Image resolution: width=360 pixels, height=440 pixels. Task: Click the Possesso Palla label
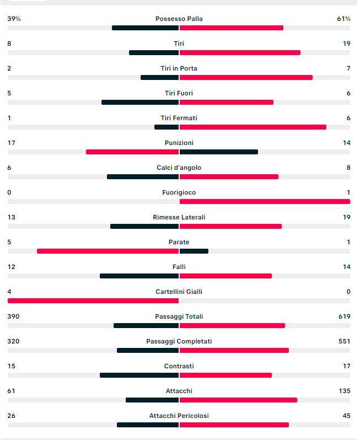179,19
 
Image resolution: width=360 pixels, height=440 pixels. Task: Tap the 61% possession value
343,19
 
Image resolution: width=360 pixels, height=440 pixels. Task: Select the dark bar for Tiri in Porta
159,77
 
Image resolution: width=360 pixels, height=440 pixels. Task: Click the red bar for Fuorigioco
265,201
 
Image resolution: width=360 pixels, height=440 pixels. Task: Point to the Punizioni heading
179,143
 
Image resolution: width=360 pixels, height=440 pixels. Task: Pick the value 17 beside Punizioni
11,143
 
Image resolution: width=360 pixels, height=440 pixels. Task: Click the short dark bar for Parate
194,251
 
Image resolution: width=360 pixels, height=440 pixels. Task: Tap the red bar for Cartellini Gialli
93,301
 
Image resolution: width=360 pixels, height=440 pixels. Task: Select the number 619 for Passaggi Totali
344,316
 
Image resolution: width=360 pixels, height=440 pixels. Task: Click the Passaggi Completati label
179,341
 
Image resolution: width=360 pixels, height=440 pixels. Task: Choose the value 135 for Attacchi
345,391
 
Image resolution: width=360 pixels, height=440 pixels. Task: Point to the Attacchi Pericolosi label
179,416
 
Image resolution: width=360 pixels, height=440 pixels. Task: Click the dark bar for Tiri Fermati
166,127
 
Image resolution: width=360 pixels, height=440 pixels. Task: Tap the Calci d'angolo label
179,168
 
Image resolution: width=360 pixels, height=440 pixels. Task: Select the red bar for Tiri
240,53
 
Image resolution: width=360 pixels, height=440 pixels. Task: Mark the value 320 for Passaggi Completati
13,341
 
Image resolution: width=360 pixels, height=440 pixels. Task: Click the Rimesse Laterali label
179,217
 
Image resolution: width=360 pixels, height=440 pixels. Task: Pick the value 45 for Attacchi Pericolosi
347,416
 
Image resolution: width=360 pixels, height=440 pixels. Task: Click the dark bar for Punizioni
218,152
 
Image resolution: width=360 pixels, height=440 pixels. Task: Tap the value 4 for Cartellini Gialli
9,292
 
